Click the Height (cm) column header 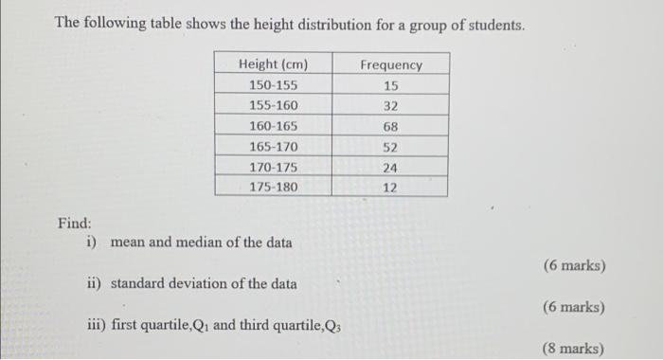tap(273, 64)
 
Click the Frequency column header tap(391, 64)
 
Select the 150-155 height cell tap(273, 85)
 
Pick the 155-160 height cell tap(273, 106)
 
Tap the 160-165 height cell tap(273, 126)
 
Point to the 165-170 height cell tap(273, 147)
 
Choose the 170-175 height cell tap(273, 167)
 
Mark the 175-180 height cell tap(273, 187)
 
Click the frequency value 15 tap(391, 85)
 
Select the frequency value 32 tap(391, 106)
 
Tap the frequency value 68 tap(391, 126)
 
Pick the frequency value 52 tap(391, 147)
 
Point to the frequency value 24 tap(391, 168)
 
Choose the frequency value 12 tap(391, 188)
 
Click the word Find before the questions tap(73, 224)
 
